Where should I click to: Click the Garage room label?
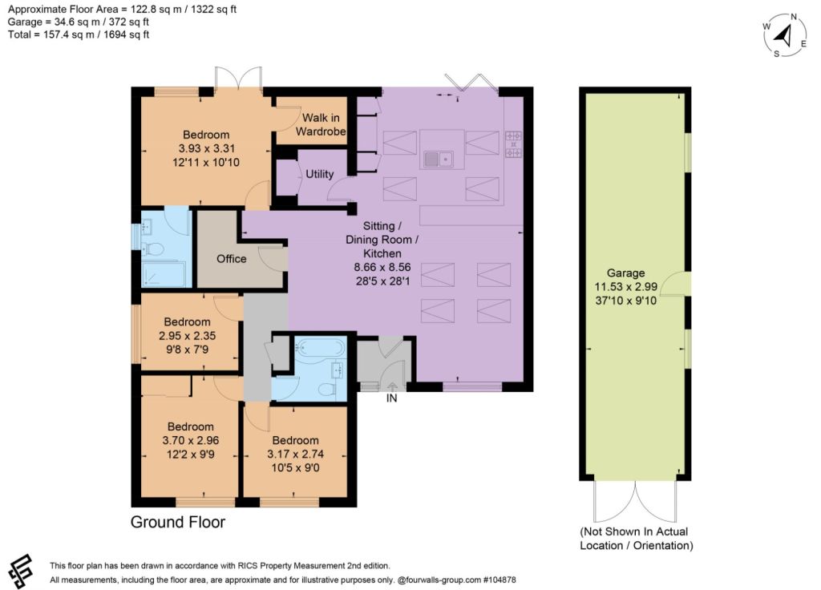pos(625,273)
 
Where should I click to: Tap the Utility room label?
pos(319,174)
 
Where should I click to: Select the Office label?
pos(232,259)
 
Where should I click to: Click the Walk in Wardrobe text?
pos(321,124)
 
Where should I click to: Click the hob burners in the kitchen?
pos(513,144)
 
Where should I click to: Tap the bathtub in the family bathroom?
pos(320,346)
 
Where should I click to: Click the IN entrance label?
pos(391,398)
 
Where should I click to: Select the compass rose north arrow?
pos(784,35)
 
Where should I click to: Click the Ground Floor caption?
pos(178,522)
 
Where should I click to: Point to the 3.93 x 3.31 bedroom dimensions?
pos(206,148)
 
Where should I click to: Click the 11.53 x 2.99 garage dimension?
pos(625,286)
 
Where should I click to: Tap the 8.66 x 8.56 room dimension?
pos(382,267)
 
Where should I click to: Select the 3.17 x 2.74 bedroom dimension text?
pos(295,454)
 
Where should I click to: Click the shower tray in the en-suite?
pos(163,274)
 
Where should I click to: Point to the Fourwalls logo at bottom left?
pos(20,572)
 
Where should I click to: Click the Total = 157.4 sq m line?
pos(79,34)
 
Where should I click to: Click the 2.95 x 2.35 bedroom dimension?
pos(187,336)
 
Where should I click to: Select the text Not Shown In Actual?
pos(635,531)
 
